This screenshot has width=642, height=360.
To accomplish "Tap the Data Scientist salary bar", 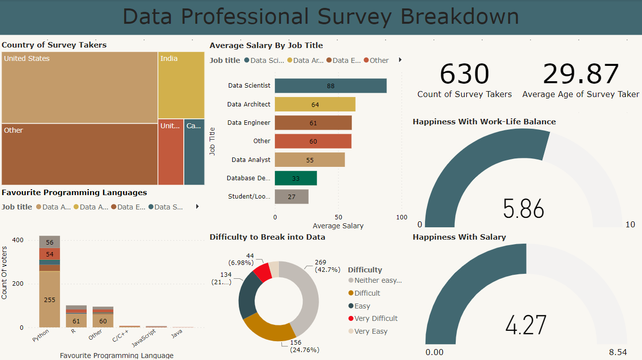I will click(x=330, y=86).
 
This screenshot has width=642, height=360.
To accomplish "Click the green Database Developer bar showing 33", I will click(x=296, y=178).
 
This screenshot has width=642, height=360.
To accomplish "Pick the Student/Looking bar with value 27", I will click(x=291, y=197).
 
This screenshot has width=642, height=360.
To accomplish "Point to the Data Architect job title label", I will click(x=249, y=104).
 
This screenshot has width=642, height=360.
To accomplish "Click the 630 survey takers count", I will click(x=464, y=74).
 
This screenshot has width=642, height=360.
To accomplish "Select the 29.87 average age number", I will click(x=581, y=74).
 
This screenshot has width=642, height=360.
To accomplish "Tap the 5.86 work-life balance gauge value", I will click(x=523, y=209).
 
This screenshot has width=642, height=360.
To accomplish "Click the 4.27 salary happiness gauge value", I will click(x=526, y=325).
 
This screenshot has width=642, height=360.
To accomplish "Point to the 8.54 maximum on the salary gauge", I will click(x=618, y=352).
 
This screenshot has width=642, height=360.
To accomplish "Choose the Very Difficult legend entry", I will click(x=375, y=318).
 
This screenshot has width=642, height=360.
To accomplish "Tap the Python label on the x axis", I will click(x=41, y=337).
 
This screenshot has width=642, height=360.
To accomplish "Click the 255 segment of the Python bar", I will click(x=50, y=300).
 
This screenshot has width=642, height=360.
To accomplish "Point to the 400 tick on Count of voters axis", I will click(x=18, y=240).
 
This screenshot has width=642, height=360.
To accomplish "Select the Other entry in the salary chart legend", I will click(x=379, y=60).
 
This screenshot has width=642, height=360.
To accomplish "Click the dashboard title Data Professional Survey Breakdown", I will click(x=321, y=16).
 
